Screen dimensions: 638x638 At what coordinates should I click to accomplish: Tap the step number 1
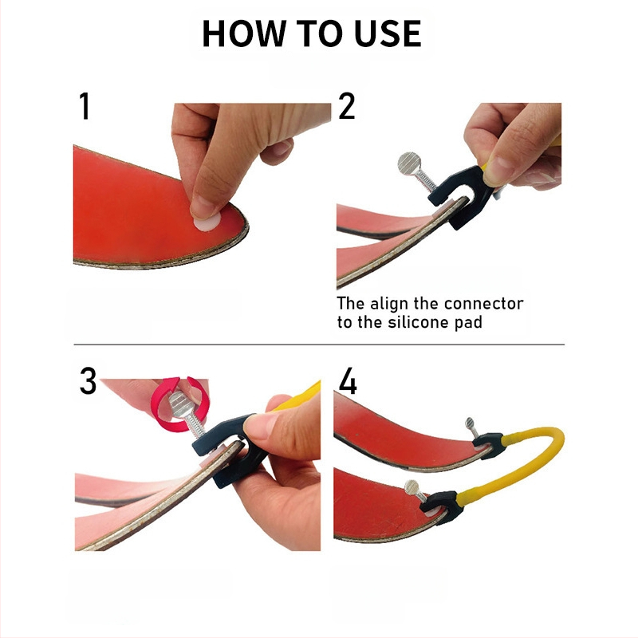pos(85,106)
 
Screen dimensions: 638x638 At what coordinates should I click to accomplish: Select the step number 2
pos(346,106)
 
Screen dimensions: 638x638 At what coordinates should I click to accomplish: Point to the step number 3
pos(88,381)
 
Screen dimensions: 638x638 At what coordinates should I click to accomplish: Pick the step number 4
pos(348,381)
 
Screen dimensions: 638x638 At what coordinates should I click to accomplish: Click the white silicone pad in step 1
pos(207,222)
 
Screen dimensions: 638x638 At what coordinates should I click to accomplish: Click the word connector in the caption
pos(483,304)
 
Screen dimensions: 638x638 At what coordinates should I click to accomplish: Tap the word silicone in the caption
pos(418,322)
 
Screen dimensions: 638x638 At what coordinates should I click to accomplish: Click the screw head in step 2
pos(410,163)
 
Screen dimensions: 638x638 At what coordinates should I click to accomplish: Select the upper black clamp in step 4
pos(488,446)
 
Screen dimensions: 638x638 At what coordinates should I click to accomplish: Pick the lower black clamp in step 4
pos(443,507)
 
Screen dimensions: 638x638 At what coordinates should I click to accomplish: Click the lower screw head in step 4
pos(412,486)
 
